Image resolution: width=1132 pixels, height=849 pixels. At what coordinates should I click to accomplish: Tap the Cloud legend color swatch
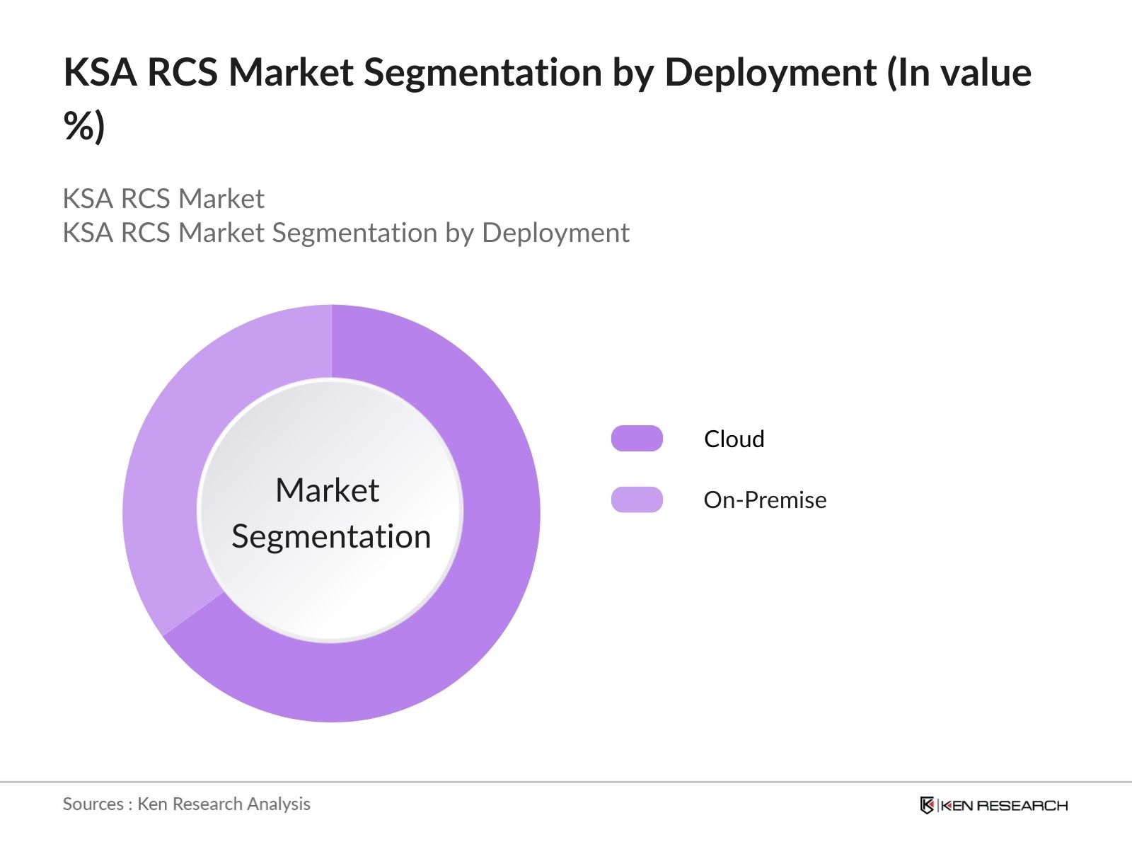tap(637, 439)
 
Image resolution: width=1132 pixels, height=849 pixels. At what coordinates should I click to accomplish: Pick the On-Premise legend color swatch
tap(637, 499)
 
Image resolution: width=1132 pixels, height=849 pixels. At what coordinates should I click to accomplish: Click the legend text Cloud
tap(734, 439)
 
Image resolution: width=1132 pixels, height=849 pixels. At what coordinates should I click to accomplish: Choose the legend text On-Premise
tap(765, 500)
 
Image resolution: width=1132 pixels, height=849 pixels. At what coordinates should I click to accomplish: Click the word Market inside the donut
tap(327, 490)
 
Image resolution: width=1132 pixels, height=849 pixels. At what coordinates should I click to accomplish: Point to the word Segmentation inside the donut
tap(331, 536)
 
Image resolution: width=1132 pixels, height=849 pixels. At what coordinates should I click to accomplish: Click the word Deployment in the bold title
tap(770, 73)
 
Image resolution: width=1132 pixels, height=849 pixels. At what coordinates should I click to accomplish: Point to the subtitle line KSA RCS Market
tap(163, 199)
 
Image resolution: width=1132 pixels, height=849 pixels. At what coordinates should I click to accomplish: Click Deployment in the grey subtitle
tap(555, 233)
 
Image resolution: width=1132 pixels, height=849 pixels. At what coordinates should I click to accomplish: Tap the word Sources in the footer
tap(93, 804)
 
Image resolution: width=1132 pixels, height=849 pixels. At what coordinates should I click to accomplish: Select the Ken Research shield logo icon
tap(926, 805)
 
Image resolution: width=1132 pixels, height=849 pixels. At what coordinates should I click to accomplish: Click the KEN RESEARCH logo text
tap(1004, 805)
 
